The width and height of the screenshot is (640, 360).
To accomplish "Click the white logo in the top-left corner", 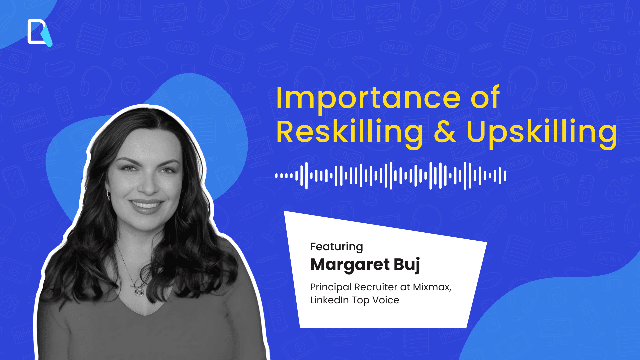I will point(39,32).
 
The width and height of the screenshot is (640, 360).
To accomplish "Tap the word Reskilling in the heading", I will point(349,132).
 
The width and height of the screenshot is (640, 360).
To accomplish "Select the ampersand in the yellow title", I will point(445,132).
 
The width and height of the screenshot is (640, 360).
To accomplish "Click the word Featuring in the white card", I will point(336,247).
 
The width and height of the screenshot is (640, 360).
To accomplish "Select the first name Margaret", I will point(350,265).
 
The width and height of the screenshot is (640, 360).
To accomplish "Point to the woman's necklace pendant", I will point(139,292).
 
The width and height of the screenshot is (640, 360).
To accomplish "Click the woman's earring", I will point(108,195).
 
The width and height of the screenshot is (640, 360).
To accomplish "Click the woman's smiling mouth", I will point(146,204).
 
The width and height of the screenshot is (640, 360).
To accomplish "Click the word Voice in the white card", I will point(386,300).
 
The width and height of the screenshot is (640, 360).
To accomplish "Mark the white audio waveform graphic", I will point(391,175).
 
